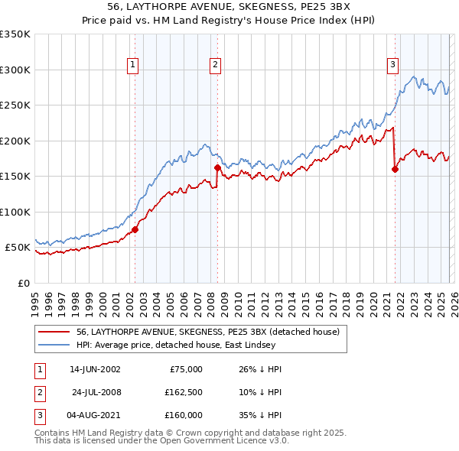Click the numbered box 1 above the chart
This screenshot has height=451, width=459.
click(133, 66)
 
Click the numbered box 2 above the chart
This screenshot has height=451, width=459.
click(216, 66)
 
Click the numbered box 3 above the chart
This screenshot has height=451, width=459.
click(392, 66)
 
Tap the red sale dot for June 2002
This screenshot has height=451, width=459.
click(135, 229)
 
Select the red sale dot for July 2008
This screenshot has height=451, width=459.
click(218, 167)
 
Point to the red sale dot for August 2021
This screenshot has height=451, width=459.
click(396, 170)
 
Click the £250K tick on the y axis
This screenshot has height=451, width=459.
click(15, 105)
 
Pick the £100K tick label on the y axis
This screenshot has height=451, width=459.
click(15, 213)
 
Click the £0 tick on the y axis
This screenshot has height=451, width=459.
click(23, 284)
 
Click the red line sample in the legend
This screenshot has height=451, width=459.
click(55, 332)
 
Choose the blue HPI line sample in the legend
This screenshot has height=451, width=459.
click(55, 345)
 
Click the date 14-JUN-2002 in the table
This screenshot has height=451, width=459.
click(95, 369)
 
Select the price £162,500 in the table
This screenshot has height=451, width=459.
click(184, 392)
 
